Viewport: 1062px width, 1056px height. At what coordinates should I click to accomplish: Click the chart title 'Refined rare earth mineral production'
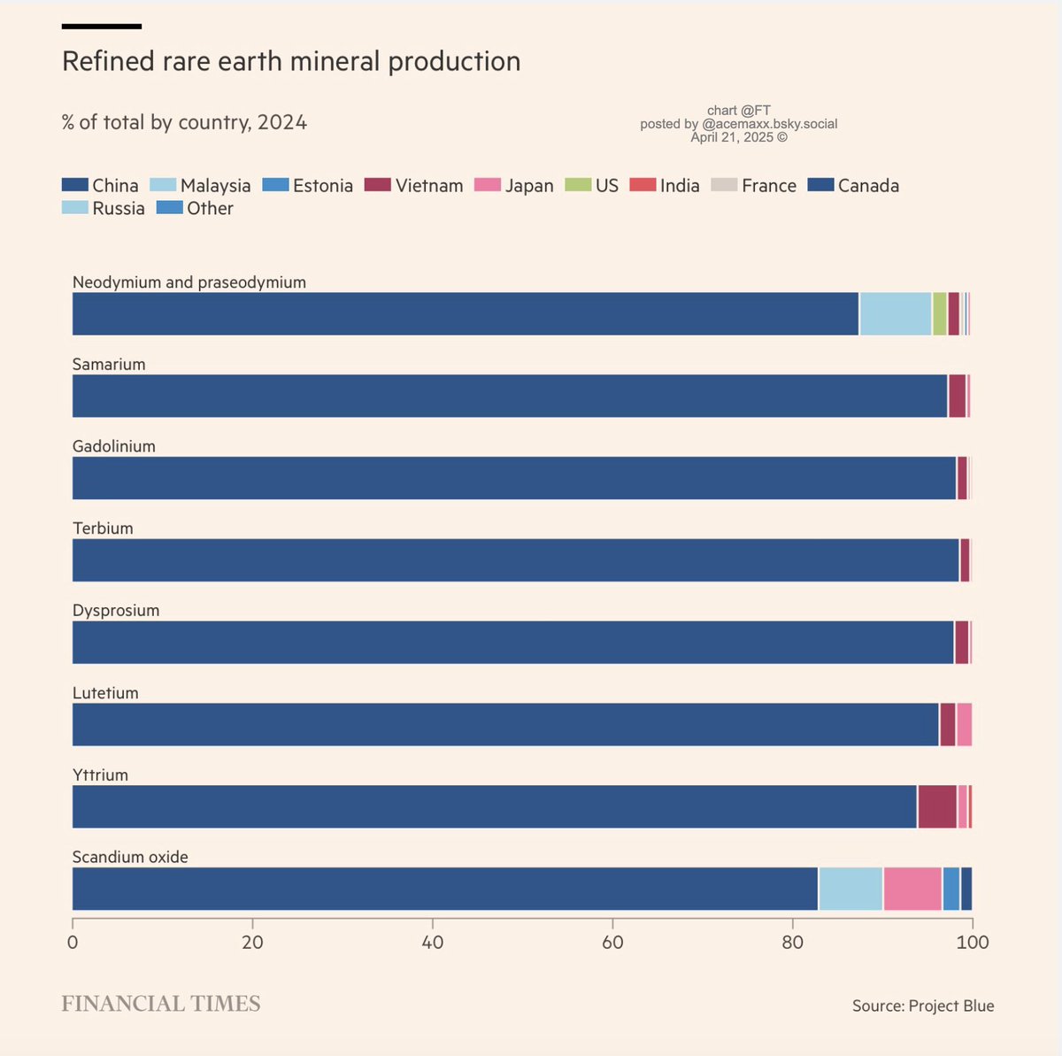[291, 61]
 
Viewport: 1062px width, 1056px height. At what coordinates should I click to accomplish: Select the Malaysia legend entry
[200, 185]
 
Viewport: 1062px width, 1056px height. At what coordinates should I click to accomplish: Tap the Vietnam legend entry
[414, 185]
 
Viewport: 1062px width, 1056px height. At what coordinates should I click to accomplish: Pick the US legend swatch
[579, 185]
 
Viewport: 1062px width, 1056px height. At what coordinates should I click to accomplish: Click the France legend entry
[756, 185]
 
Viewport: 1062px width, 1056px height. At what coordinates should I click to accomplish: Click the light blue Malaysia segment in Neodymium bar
[895, 313]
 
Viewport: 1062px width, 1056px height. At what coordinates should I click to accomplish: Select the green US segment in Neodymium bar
[939, 313]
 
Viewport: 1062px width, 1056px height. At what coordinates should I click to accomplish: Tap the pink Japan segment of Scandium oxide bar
[912, 889]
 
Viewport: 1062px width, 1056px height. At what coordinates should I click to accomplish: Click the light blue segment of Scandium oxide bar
[850, 889]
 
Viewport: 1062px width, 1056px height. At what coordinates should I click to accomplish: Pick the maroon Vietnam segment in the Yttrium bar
[937, 806]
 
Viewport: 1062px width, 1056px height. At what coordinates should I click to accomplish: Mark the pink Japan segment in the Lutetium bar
[964, 724]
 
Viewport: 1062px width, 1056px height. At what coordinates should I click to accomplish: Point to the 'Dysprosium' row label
[116, 610]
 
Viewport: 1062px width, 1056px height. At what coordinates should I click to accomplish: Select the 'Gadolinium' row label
[114, 446]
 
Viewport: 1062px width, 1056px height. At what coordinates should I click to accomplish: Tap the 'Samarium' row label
[109, 364]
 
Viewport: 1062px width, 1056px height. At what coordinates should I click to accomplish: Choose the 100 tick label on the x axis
[972, 942]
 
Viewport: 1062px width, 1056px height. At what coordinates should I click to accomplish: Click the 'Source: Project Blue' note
[922, 1006]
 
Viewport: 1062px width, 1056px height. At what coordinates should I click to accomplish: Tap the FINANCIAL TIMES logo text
[161, 1003]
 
